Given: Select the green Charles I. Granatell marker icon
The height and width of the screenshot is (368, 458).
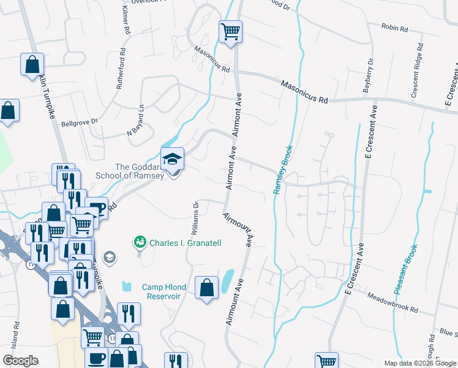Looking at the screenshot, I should tap(140, 243).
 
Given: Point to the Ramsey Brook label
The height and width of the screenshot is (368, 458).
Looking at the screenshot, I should tap(283, 169).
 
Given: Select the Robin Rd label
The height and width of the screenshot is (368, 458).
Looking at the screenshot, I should tap(394, 27).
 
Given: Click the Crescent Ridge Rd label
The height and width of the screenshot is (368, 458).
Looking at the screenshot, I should tap(418, 71).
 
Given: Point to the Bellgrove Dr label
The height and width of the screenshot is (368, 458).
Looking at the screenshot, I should tap(80, 123).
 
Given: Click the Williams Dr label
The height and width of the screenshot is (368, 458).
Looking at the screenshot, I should tap(195, 218).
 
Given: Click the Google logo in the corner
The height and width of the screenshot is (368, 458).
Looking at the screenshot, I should tap(20, 361).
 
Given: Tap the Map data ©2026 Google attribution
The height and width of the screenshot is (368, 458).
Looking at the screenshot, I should tap(419, 363).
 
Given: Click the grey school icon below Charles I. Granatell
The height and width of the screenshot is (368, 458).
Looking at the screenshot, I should tap(109, 257).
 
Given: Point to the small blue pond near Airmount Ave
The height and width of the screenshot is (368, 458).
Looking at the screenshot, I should tap(227, 280).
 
